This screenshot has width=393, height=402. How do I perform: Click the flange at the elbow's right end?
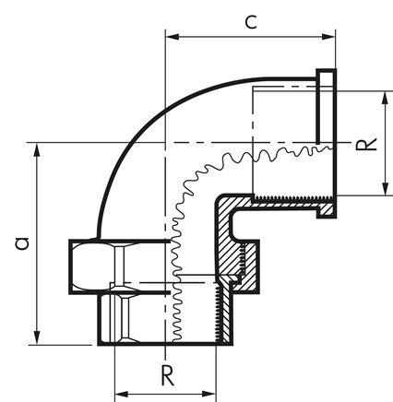(x=327, y=144)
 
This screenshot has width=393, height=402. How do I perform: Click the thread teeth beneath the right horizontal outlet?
(x=286, y=197)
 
